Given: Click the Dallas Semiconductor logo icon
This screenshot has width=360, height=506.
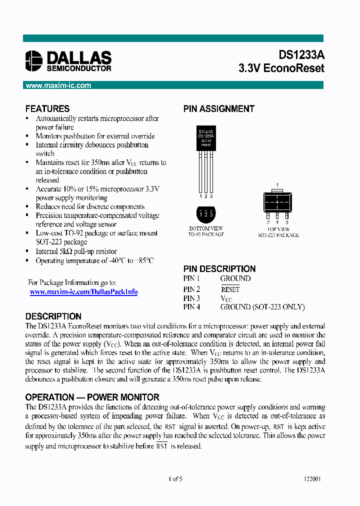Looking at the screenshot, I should pos(34,60).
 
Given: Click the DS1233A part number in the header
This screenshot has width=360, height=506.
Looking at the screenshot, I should pos(301,55).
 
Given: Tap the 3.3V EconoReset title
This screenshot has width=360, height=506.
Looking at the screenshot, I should pos(281,68).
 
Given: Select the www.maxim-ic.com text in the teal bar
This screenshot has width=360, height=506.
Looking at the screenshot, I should pos(58,85).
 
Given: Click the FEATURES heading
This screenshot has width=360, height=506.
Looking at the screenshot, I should pos(47,108).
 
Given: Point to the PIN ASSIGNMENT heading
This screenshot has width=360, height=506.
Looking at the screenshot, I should pos(218,108).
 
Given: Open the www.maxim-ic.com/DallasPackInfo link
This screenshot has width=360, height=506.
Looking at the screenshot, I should pos(83,291).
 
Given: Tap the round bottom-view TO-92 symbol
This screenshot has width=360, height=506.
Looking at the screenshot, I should pos(206,214).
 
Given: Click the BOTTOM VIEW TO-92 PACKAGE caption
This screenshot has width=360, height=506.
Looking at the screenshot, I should pos(206,231).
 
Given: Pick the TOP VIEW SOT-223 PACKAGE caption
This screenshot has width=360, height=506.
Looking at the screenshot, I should pos(278,231).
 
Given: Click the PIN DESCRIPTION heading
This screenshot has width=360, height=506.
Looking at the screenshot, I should pos(219,268).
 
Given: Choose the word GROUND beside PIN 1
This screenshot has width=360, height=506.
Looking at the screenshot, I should pos(235,278).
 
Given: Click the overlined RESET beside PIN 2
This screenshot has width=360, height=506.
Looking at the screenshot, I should pos(230,289).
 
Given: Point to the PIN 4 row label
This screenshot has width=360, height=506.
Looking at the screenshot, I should pos(191,307).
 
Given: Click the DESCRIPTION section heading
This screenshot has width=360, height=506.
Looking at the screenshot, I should pos(53,316).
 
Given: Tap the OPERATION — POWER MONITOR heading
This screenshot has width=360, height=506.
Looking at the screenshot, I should pos(92,397).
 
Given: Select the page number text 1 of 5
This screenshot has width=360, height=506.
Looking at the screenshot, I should pos(175,478).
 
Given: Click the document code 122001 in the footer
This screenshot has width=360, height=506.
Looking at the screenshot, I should pos(312,478).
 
